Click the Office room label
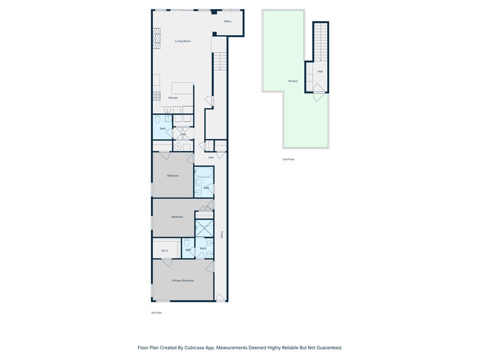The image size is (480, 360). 228,22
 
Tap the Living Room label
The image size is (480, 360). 183,41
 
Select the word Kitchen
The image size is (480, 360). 173,98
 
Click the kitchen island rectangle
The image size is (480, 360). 182,88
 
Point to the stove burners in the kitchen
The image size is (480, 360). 156,96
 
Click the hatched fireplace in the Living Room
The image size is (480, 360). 156,38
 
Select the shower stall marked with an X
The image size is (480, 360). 204,228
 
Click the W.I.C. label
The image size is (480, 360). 165,251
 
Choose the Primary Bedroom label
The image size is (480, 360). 183,281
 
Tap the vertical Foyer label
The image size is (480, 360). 221,235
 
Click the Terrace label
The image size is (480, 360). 293,81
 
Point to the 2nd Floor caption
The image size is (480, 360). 288,159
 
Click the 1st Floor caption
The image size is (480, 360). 156,313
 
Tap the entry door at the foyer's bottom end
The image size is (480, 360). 220,298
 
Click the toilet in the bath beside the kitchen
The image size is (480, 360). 158,119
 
